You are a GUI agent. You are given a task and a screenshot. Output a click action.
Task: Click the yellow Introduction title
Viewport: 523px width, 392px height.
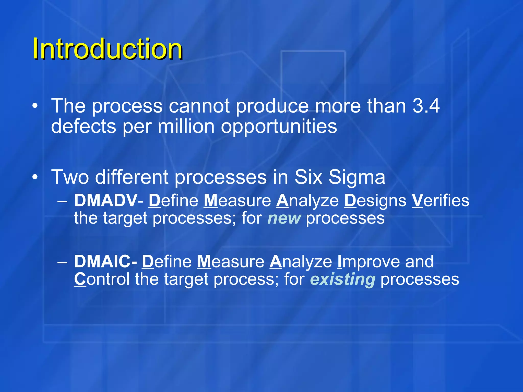coord(107,48)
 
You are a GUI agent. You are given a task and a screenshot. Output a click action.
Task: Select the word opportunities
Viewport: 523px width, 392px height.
coord(279,127)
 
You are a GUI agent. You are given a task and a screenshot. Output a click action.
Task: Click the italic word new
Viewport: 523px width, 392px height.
coord(284,218)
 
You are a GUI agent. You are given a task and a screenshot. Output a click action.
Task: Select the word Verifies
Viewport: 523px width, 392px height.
coord(440,200)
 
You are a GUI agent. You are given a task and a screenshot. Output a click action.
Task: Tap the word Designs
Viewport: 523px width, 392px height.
coord(375,201)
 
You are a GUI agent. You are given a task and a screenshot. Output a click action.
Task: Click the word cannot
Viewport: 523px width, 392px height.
coord(199,106)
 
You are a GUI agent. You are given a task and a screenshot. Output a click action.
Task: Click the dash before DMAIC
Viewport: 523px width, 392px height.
coord(62,262)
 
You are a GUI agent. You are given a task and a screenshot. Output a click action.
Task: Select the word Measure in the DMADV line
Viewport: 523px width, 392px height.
coord(237,200)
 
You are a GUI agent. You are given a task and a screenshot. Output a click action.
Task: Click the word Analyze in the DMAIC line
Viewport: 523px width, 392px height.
coord(301,262)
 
